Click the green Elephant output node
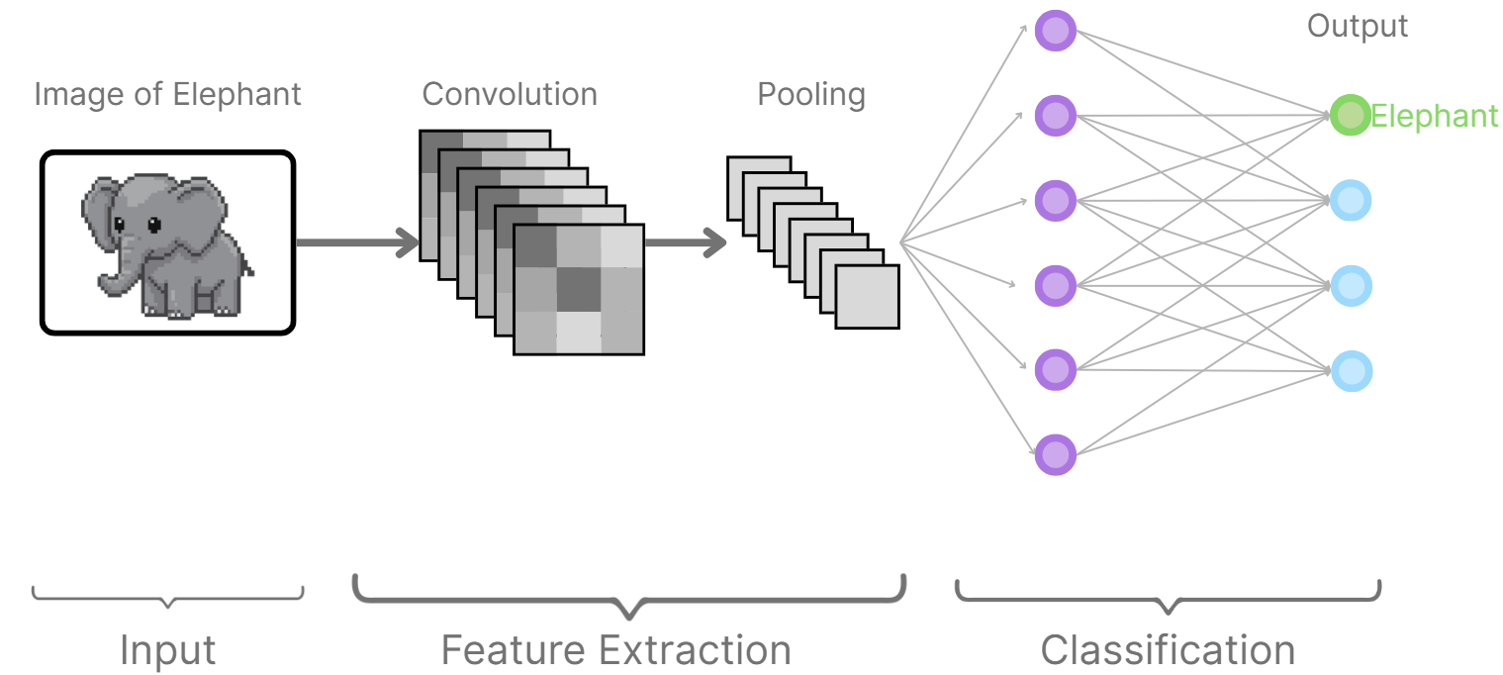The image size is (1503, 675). [x=1350, y=116]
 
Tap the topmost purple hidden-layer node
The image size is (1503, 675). [x=1055, y=31]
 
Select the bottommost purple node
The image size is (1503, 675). [x=1055, y=455]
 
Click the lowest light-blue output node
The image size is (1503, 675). [x=1351, y=371]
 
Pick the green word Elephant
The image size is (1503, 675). [x=1434, y=117]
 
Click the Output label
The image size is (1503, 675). [x=1357, y=27]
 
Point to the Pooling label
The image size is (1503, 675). [x=811, y=95]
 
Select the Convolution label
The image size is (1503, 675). [x=510, y=95]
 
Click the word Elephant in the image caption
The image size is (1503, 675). [x=236, y=95]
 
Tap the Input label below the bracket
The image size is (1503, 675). [x=167, y=650]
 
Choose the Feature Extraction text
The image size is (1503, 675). [x=615, y=650]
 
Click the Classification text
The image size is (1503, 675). [x=1168, y=650]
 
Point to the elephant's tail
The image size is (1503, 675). [x=247, y=267]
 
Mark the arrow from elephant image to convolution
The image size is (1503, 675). [x=356, y=242]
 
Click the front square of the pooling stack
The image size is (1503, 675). [x=868, y=297]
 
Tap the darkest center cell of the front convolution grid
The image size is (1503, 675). [x=579, y=289]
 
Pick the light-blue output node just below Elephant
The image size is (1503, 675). [x=1351, y=201]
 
